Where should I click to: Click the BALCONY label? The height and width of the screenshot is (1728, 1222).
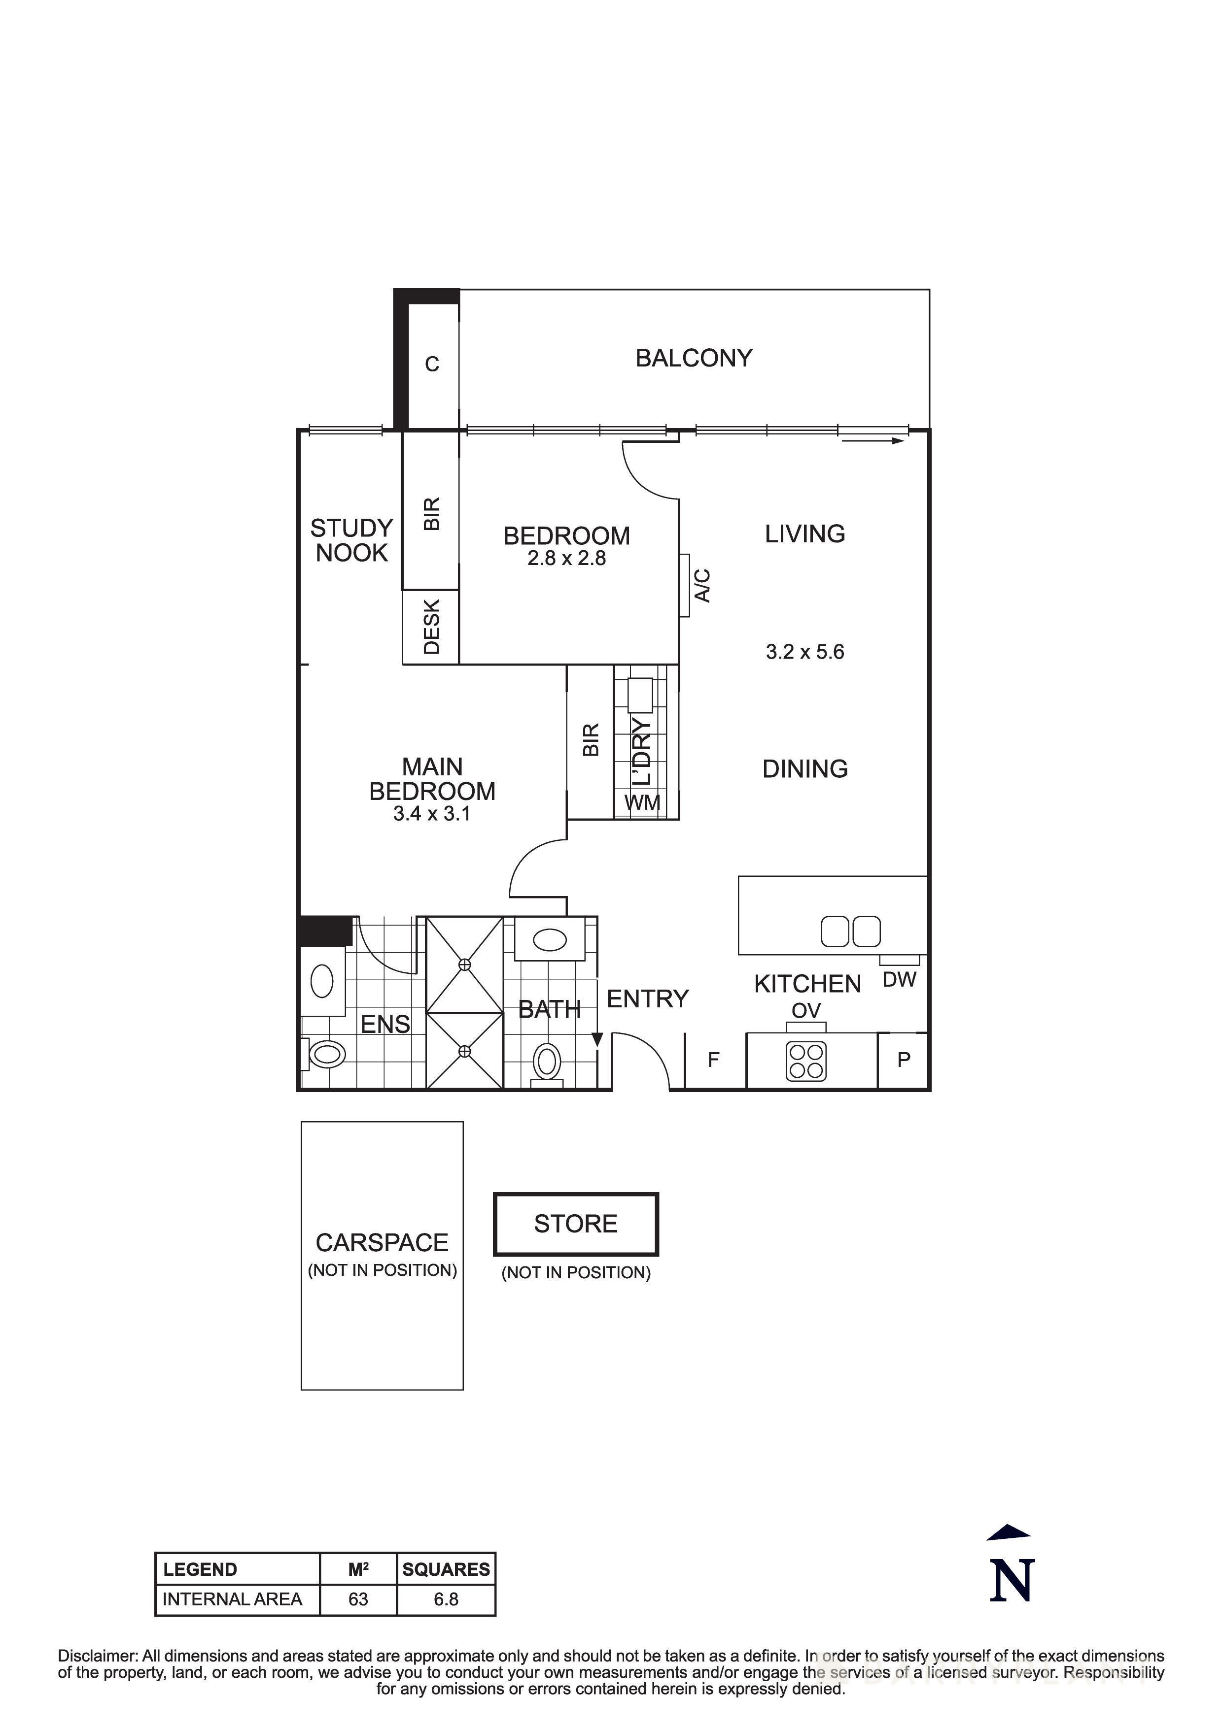(694, 358)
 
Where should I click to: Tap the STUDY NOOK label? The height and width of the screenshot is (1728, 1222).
(351, 540)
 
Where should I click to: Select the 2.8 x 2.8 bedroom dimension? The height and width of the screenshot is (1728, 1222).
(566, 559)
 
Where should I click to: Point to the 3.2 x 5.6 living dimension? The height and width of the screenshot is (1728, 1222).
(805, 652)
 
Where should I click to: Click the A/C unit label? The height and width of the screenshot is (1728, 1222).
(702, 586)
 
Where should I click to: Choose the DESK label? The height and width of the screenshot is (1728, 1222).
(431, 627)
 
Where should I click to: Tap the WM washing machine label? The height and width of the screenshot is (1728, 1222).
(642, 803)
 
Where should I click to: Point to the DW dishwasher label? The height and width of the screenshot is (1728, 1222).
(899, 979)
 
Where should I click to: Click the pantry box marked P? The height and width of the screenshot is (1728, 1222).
(904, 1060)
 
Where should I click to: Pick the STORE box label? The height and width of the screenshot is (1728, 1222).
(575, 1224)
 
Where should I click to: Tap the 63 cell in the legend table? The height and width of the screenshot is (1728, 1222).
(358, 1599)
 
